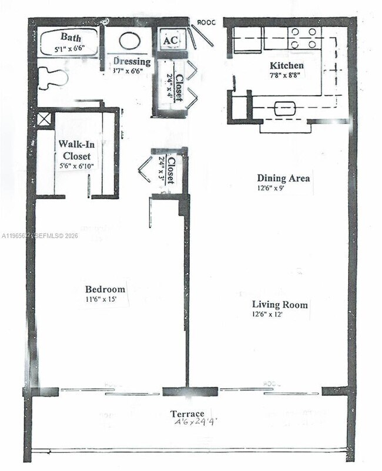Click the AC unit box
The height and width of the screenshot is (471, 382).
(x=170, y=40)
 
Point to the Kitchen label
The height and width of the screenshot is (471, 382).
(x=286, y=65)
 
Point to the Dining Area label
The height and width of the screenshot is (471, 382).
(x=283, y=178)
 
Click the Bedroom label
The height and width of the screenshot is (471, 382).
(x=105, y=289)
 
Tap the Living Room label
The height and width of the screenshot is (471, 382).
(x=280, y=305)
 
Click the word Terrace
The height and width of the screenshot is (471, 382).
(x=187, y=413)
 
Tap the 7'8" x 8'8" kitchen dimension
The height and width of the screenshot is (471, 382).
(x=286, y=75)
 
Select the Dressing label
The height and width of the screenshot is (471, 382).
(x=132, y=62)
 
